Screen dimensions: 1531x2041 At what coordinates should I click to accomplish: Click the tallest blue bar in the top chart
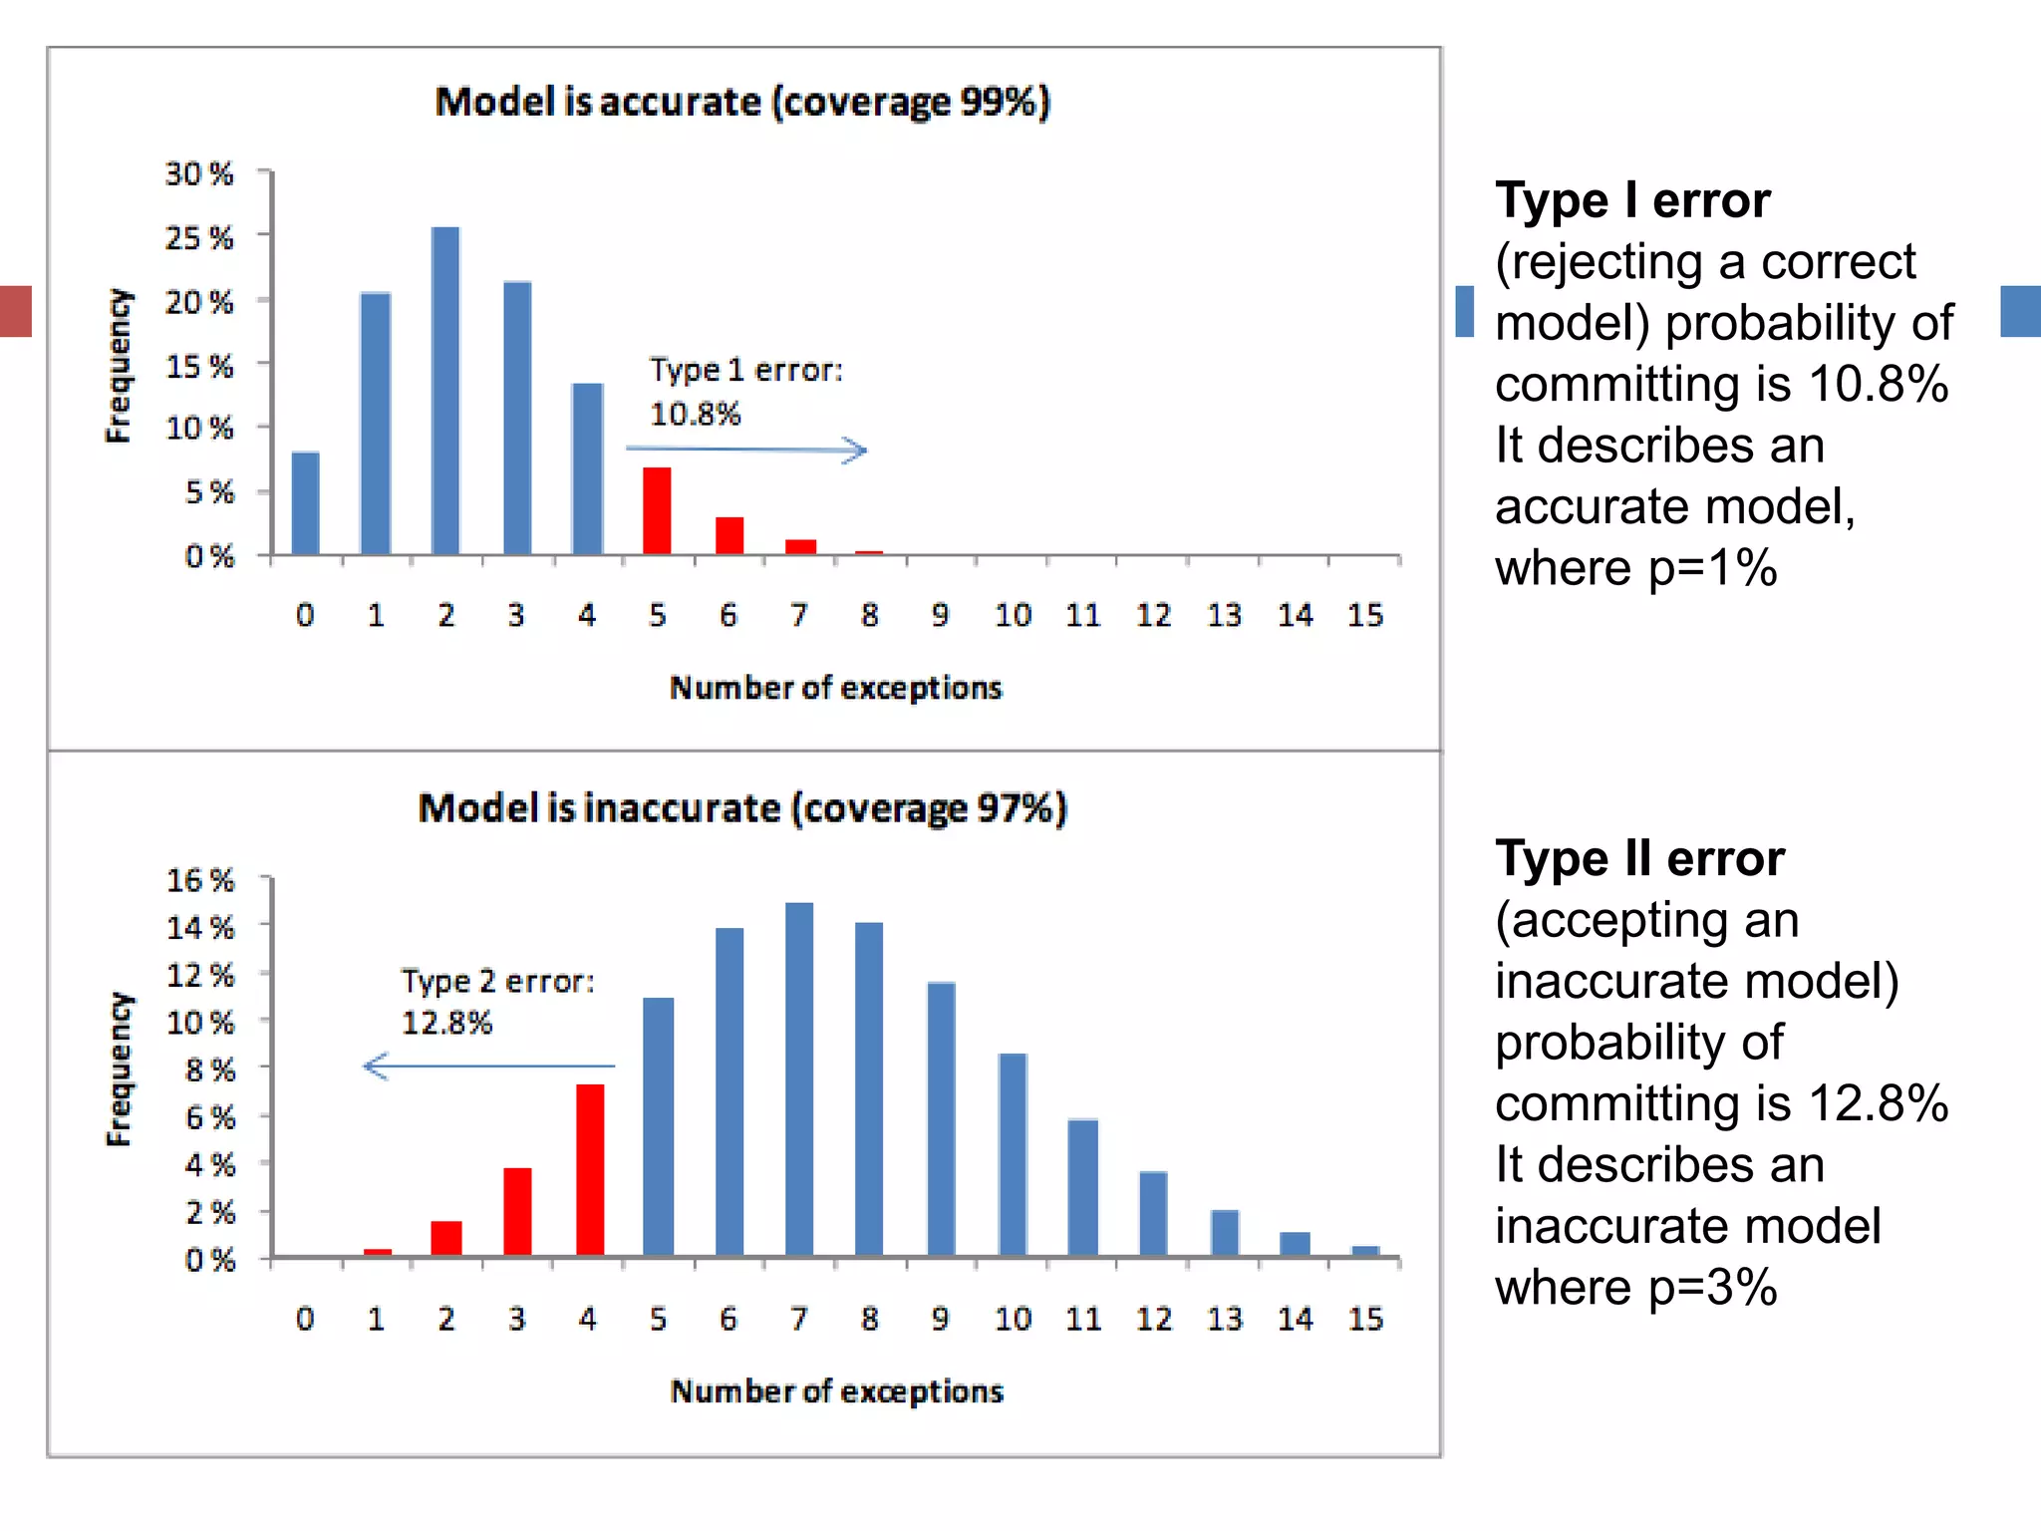click(x=445, y=391)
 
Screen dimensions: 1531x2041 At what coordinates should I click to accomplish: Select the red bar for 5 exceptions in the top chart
click(x=657, y=510)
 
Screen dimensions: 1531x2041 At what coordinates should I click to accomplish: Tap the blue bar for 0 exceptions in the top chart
click(x=305, y=503)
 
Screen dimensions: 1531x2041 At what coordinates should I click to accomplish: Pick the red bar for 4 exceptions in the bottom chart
click(x=590, y=1169)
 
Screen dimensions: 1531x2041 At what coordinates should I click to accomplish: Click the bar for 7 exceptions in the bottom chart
click(x=799, y=1078)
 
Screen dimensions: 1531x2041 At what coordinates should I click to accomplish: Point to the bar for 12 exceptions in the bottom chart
click(x=1153, y=1213)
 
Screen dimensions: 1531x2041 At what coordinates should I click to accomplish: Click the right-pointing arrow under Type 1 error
click(x=746, y=450)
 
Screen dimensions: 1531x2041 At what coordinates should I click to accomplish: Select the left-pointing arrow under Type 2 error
click(x=488, y=1067)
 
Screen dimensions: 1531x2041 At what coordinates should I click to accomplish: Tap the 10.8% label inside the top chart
click(x=696, y=414)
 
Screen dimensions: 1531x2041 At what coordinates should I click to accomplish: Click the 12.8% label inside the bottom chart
click(x=446, y=1023)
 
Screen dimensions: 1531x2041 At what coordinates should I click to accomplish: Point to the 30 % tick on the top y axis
click(x=199, y=173)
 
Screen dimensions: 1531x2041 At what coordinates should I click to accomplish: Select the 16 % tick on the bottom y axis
click(x=199, y=880)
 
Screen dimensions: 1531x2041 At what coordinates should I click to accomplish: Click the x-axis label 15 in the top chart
click(x=1365, y=615)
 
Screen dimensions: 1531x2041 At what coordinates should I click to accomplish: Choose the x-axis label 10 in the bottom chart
click(x=1013, y=1319)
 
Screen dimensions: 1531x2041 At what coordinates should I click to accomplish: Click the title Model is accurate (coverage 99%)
click(x=742, y=102)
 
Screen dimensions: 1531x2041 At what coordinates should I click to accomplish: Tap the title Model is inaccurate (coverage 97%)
click(x=742, y=807)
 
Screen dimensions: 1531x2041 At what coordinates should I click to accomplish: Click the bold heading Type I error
click(x=1632, y=200)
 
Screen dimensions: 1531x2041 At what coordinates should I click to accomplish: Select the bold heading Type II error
click(x=1639, y=858)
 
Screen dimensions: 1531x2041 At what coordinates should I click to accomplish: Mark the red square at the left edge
click(x=15, y=311)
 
